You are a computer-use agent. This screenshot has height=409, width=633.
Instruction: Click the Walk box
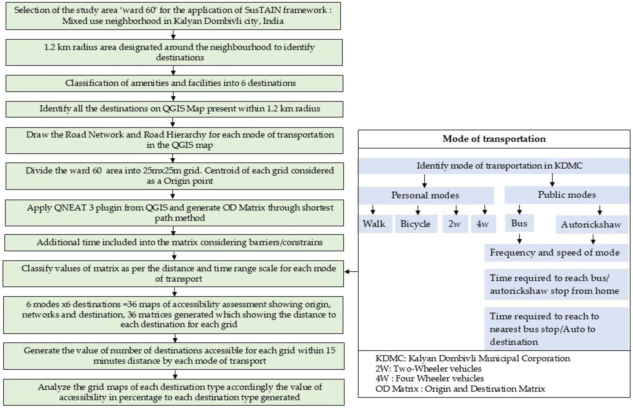pos(374,224)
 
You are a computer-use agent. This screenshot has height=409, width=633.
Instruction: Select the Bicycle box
pos(416,224)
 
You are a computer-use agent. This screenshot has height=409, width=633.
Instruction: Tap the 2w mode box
pos(455,224)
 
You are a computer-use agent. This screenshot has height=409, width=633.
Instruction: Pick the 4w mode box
pos(483,224)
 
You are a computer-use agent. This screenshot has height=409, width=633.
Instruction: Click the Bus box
pos(519,223)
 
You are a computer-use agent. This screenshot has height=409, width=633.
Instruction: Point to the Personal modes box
pos(425,195)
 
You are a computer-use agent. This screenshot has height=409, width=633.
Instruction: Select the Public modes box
pos(567,195)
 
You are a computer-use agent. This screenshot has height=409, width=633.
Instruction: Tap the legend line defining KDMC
pos(473,358)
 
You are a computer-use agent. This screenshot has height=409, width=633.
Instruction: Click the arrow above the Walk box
pos(373,209)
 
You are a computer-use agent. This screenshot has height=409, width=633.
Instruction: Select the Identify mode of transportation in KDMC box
pos(494,166)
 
